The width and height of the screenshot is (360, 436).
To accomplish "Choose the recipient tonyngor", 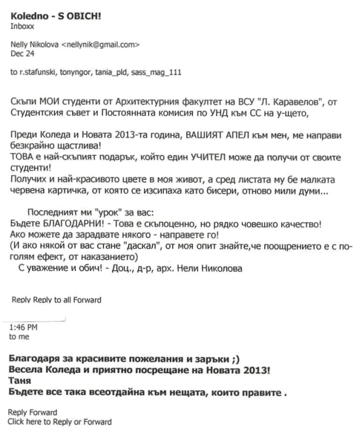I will (80, 73).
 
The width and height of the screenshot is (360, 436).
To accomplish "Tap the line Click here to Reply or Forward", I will (60, 421).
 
